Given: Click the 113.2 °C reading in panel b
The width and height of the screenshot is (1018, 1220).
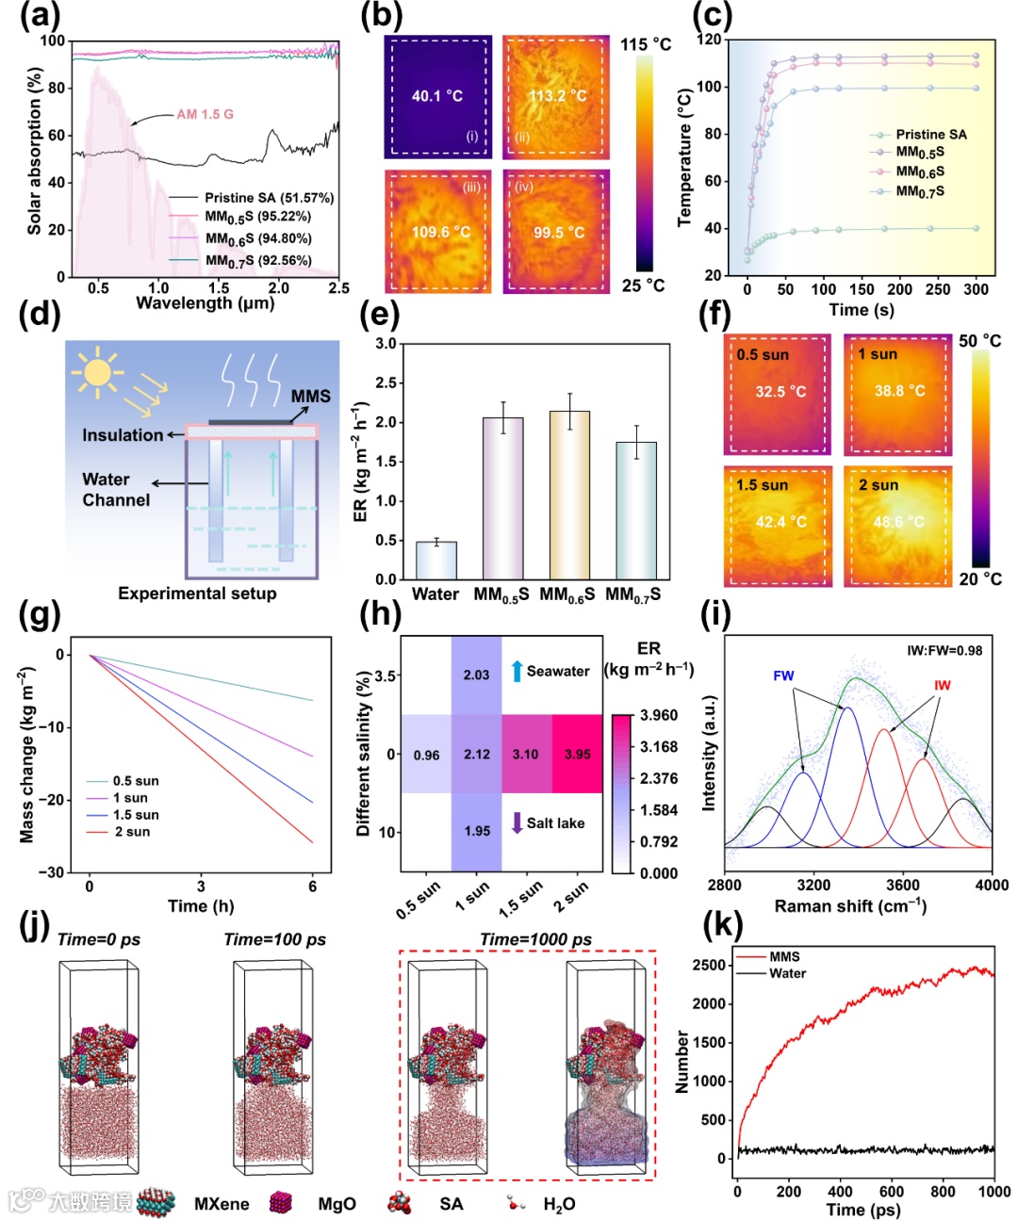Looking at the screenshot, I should pos(557,95).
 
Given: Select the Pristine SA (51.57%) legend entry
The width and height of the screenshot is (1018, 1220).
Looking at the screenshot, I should pos(269,198).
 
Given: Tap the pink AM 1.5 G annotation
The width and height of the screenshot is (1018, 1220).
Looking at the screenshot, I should pos(205,114).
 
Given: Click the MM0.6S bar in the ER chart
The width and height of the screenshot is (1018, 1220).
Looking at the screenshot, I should pos(569,495).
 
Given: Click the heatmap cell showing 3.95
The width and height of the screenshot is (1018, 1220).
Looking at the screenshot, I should pos(577,754).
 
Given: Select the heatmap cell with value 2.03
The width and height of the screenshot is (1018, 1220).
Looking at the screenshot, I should pos(476,675).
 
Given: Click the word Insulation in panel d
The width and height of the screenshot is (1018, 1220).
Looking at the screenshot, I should pos(123,435).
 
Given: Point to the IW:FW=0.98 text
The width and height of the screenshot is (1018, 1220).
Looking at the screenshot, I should pos(944,650).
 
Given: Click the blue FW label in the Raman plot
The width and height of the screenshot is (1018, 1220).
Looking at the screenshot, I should pos(783,675).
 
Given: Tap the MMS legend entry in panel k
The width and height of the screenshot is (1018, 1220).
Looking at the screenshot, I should pos(783,956).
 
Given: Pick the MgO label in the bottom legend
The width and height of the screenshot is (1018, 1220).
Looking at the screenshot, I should pos(337,1204).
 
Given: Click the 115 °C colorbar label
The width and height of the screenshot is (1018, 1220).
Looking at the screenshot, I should pos(646,44).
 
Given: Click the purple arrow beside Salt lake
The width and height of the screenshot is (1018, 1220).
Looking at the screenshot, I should pos(517,822).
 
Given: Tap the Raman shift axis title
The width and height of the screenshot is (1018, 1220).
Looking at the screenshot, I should pos(850,905).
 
